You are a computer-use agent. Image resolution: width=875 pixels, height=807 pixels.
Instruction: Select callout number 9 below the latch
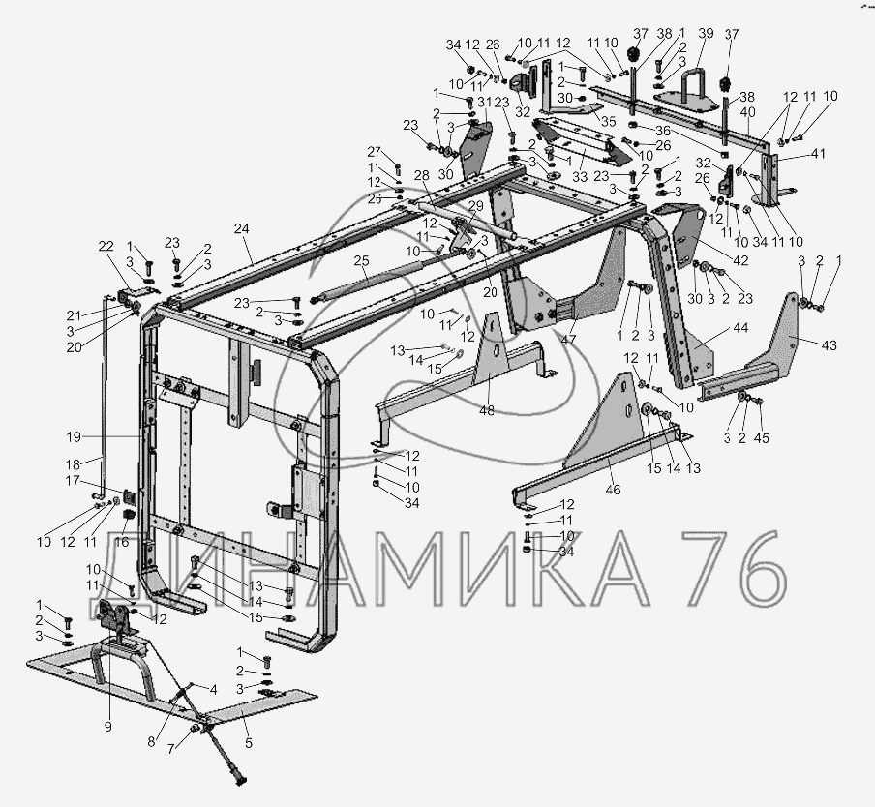[108, 727]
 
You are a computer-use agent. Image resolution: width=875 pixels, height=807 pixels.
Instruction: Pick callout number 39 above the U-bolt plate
[706, 35]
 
